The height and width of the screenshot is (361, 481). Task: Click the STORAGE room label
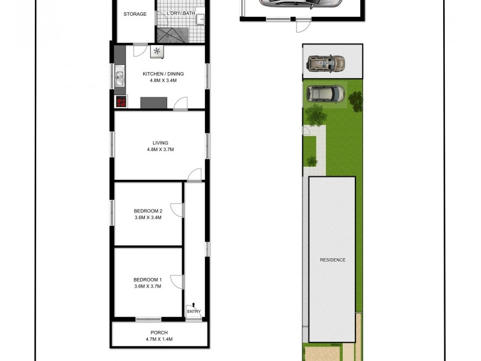(135, 14)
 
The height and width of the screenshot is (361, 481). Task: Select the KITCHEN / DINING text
(163, 74)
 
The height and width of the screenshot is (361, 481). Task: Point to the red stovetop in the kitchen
(121, 102)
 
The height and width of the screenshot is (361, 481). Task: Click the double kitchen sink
(120, 77)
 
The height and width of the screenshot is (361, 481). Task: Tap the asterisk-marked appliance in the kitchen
(157, 52)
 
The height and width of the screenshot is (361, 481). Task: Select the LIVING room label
(160, 143)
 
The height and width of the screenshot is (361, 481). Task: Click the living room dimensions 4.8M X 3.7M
(160, 150)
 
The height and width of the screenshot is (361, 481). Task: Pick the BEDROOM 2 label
(148, 211)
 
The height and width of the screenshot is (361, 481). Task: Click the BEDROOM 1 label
(148, 280)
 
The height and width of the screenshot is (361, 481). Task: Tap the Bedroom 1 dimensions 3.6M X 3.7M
(148, 287)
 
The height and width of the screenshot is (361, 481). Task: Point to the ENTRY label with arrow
(194, 309)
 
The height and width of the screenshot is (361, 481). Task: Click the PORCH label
(159, 333)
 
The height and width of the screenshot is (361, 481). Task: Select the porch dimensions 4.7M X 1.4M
(159, 339)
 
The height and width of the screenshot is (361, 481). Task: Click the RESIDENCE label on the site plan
(332, 260)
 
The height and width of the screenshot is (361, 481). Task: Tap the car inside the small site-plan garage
(325, 63)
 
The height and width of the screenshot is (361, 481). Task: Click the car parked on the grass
(325, 94)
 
